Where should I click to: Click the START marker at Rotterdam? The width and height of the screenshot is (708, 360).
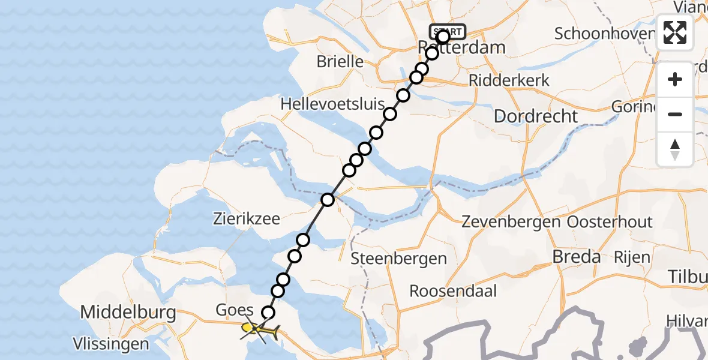tap(448, 31)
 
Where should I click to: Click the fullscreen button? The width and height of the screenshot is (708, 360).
tap(675, 32)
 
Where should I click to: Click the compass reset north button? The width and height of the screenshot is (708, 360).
tap(675, 149)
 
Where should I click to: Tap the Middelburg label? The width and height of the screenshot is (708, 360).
tap(128, 312)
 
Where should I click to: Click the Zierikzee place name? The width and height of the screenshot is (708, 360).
tap(247, 219)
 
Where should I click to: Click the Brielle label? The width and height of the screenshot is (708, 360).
tap(340, 61)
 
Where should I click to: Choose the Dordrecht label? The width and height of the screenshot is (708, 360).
tap(536, 116)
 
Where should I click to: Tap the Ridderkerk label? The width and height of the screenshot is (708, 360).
tap(500, 80)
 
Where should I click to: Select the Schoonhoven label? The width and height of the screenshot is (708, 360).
tap(603, 34)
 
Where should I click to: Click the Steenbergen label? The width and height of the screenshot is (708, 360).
tap(399, 259)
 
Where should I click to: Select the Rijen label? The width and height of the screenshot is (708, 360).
tap(632, 257)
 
